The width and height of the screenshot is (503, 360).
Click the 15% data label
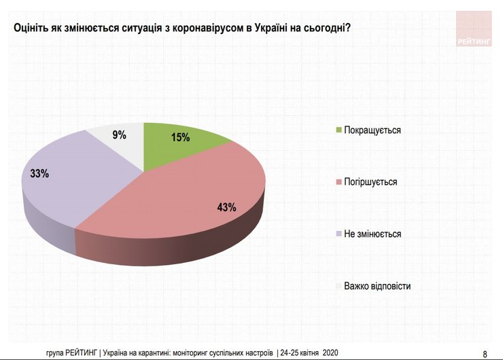pyautogui.click(x=180, y=137)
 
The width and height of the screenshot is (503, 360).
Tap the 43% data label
pyautogui.click(x=227, y=207)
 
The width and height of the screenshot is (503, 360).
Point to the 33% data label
pyautogui.click(x=39, y=174)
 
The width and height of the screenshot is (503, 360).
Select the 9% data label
pyautogui.click(x=120, y=134)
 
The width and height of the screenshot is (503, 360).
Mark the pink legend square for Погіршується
pyautogui.click(x=339, y=182)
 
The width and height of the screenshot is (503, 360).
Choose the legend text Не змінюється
pyautogui.click(x=373, y=234)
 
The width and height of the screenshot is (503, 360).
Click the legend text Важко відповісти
pyautogui.click(x=377, y=286)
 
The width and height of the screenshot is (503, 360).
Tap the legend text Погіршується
pyautogui.click(x=371, y=182)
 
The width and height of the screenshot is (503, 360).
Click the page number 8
pyautogui.click(x=485, y=353)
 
